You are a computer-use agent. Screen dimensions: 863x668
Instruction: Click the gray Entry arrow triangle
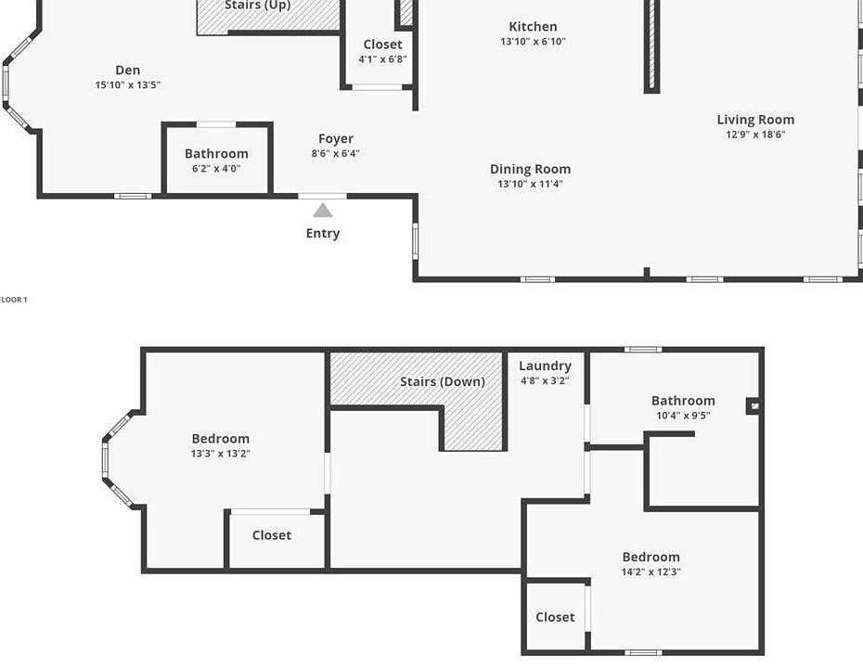(323, 211)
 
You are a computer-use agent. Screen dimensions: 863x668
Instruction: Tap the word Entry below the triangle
(323, 233)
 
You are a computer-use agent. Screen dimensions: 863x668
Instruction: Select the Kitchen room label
(533, 26)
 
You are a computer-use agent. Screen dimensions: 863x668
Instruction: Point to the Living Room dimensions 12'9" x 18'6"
(755, 135)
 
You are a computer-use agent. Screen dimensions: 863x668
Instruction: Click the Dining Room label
(530, 170)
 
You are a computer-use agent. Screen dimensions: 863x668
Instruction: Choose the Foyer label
(336, 138)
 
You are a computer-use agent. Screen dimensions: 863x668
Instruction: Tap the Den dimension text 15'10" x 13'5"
(128, 84)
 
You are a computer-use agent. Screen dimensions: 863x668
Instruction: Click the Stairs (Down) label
(443, 381)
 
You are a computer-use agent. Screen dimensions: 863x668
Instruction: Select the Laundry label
(545, 366)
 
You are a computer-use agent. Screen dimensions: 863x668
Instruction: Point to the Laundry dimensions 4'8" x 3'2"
(545, 380)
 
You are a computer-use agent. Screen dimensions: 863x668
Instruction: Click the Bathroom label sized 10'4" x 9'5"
(683, 401)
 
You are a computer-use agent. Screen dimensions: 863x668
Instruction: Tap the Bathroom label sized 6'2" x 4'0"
(216, 153)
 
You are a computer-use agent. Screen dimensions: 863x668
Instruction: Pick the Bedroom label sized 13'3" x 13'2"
(221, 439)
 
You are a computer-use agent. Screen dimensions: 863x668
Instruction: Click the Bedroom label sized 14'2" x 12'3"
(651, 557)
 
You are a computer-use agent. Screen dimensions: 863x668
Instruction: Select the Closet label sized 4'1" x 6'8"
(382, 45)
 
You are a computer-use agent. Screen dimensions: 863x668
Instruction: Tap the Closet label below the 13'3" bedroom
(272, 535)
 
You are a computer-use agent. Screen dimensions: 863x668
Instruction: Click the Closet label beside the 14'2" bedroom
(555, 617)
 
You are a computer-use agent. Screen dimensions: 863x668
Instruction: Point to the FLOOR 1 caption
(13, 300)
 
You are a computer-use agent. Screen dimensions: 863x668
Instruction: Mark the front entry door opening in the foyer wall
(323, 196)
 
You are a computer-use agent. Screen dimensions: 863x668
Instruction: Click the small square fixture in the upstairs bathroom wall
(754, 406)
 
